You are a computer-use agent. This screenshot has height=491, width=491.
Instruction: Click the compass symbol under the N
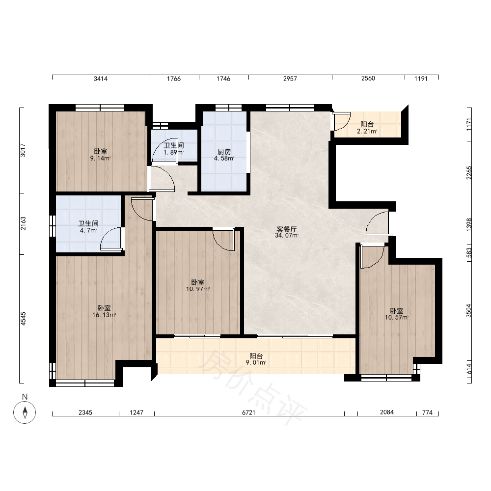click(25, 412)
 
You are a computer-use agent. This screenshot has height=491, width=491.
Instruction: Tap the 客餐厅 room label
click(287, 229)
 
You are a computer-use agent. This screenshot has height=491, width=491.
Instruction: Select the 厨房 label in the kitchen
click(224, 152)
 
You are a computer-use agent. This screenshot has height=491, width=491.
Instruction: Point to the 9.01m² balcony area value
click(256, 363)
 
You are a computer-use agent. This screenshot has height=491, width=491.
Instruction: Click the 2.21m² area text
click(367, 132)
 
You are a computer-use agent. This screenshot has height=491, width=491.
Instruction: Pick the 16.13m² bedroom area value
click(104, 315)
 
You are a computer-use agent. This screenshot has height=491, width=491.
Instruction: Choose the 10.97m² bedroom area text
click(198, 289)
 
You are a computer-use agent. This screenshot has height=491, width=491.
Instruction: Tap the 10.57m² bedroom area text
click(397, 318)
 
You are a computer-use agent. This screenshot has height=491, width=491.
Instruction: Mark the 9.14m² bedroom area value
click(101, 159)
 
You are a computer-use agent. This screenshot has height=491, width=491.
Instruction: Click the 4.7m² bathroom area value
click(88, 230)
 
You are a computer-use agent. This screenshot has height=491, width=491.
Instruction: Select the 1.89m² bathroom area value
click(174, 153)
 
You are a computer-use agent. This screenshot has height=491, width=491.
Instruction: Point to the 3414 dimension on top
click(101, 79)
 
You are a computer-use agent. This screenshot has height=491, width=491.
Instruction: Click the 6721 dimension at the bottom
click(248, 413)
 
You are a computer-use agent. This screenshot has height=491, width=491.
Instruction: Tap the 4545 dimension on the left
click(24, 319)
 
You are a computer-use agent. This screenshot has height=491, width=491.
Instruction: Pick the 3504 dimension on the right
click(468, 311)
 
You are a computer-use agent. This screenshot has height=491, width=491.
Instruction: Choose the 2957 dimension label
click(290, 79)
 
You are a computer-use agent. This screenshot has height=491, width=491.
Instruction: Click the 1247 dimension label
click(136, 413)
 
